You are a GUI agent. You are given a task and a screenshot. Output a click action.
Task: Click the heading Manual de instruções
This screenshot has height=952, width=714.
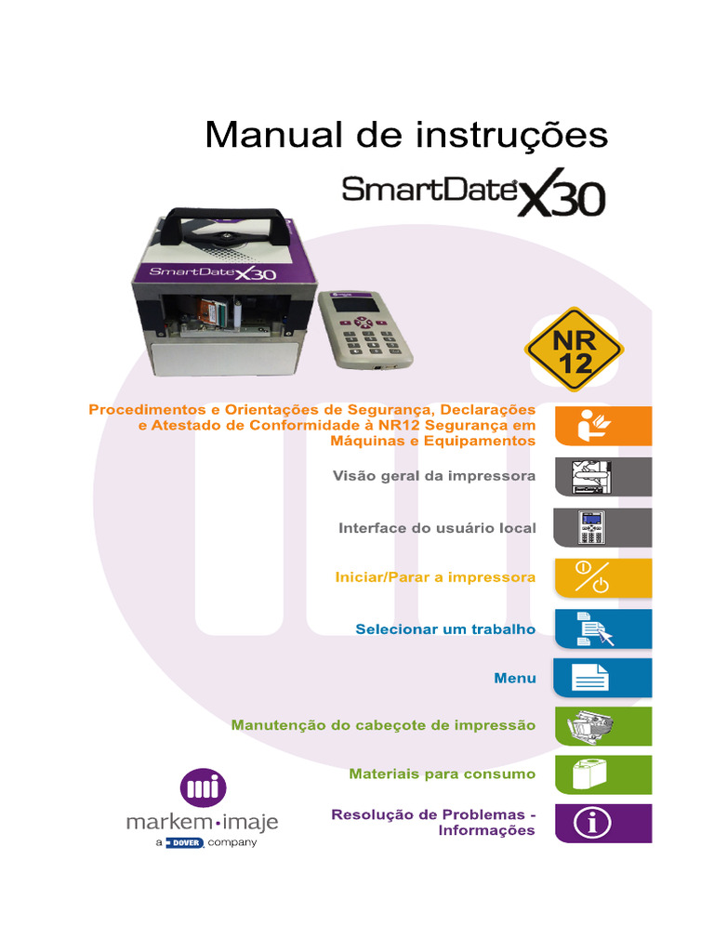(x=406, y=135)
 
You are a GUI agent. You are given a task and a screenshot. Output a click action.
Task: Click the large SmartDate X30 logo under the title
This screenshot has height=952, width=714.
(x=473, y=193)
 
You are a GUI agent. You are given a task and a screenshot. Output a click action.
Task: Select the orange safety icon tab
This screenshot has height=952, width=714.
(x=602, y=426)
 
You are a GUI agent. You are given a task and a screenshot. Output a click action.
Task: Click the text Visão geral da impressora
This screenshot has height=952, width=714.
(x=434, y=476)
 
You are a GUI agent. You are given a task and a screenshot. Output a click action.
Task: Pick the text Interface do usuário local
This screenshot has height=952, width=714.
(x=437, y=527)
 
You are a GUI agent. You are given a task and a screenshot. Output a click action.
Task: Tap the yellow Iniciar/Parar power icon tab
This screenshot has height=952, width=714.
(x=602, y=577)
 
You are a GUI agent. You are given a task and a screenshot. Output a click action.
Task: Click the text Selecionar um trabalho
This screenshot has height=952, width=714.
(x=445, y=628)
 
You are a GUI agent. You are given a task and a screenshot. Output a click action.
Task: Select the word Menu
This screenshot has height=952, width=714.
(x=515, y=678)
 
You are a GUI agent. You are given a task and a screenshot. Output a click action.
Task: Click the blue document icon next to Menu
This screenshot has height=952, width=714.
(x=602, y=678)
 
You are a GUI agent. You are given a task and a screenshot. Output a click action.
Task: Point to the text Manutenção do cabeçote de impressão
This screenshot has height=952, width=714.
(x=383, y=724)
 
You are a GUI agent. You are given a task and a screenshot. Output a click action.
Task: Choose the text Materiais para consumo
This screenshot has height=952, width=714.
(x=442, y=773)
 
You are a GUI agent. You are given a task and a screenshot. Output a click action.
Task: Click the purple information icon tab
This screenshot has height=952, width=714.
(x=602, y=823)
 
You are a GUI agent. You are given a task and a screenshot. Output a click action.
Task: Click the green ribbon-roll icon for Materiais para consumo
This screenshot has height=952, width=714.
(x=602, y=773)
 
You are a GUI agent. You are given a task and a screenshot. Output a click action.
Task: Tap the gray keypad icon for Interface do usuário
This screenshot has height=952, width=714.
(x=602, y=527)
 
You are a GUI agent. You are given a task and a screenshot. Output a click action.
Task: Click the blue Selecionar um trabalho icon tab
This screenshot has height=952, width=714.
(x=602, y=628)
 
